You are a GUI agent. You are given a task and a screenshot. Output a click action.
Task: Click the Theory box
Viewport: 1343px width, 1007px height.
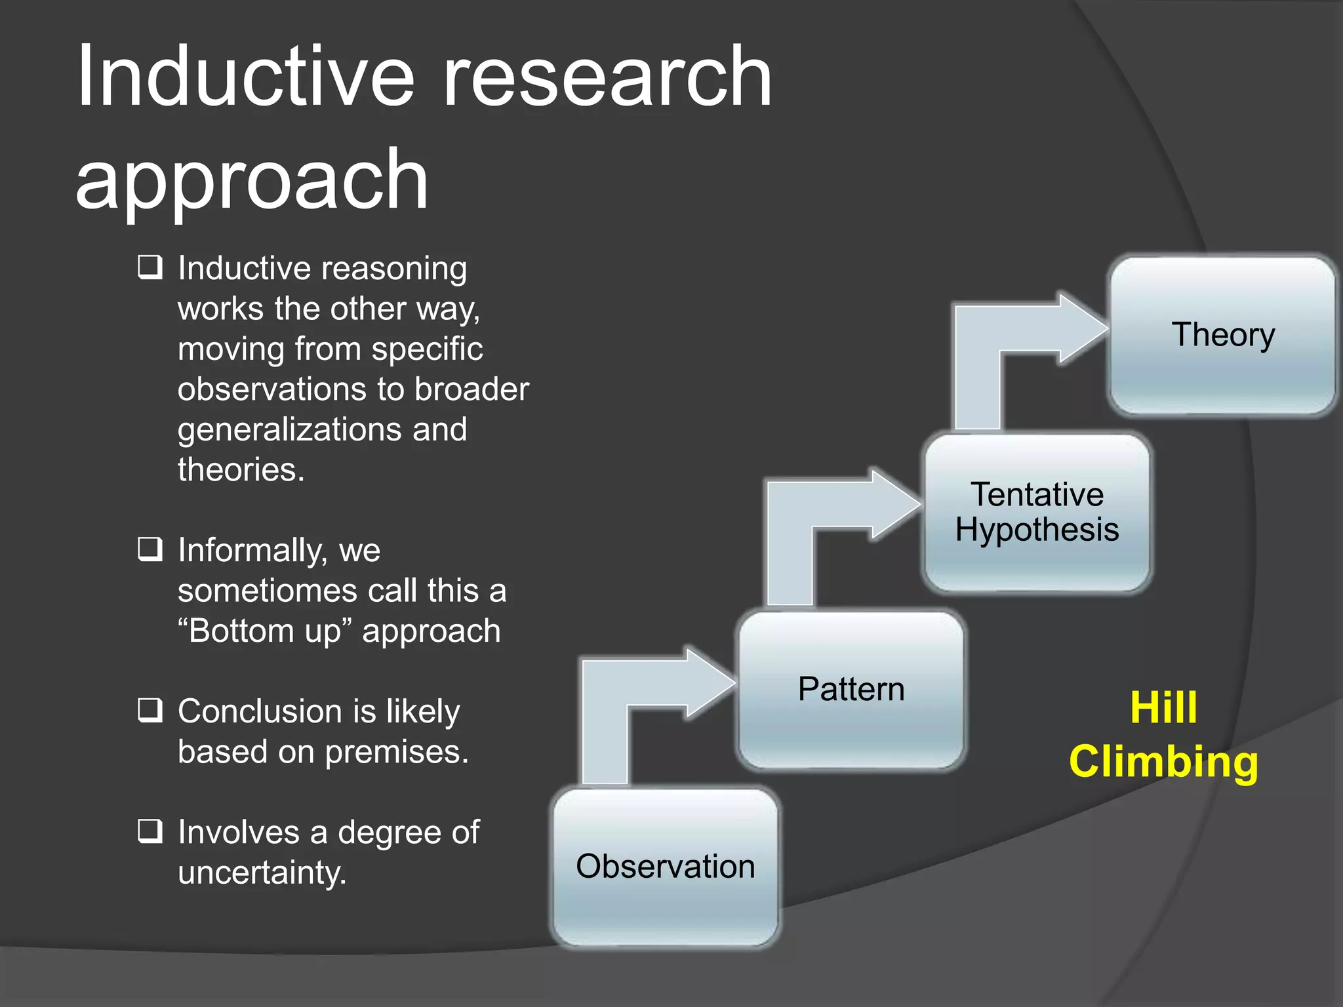(x=1222, y=336)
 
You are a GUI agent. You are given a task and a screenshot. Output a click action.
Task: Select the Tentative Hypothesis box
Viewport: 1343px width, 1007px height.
(x=1037, y=513)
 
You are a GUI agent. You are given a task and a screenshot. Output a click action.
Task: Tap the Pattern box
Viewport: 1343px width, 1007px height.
(x=851, y=690)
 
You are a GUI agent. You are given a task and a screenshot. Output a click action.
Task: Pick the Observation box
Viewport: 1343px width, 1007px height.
(x=666, y=867)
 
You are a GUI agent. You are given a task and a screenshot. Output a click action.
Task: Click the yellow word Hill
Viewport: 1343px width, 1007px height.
(x=1163, y=708)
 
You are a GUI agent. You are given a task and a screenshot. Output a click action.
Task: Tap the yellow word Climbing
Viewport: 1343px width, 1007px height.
(x=1163, y=762)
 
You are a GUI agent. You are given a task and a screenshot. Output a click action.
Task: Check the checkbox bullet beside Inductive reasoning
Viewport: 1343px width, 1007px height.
(x=150, y=267)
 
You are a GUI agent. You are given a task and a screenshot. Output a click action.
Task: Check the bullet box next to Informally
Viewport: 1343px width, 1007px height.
(x=150, y=549)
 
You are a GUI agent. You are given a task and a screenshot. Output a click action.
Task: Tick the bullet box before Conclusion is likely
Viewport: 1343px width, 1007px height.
(x=150, y=711)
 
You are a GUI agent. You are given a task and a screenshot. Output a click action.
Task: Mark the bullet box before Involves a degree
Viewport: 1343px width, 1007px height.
(x=150, y=831)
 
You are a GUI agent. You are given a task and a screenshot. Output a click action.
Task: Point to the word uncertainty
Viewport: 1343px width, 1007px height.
(x=262, y=873)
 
